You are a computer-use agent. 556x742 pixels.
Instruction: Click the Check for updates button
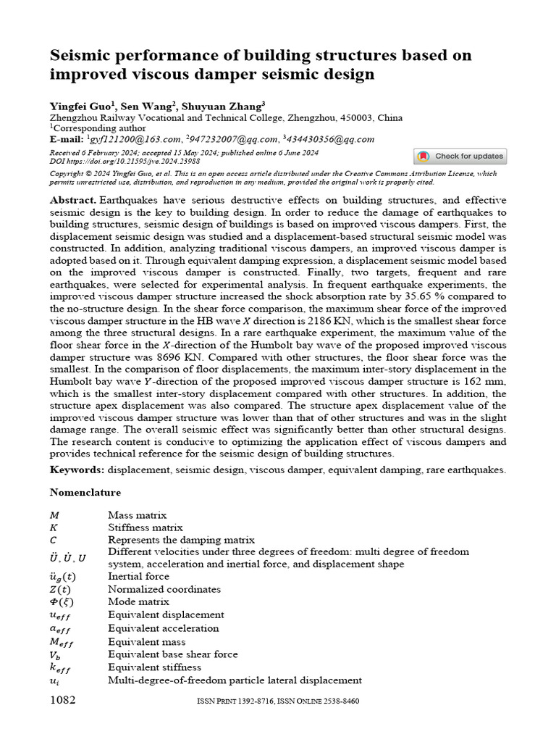pos(460,157)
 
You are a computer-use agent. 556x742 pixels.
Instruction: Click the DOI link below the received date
pos(125,162)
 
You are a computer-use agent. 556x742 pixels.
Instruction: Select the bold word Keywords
pos(77,470)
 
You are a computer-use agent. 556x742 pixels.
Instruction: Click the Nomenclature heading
pos(85,493)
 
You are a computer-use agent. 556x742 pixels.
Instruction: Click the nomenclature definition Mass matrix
pos(138,515)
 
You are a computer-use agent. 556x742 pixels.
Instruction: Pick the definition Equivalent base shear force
pos(172,654)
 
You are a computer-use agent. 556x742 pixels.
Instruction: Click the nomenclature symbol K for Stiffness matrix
pos(54,528)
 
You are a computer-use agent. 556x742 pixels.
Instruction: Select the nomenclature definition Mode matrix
pos(138,601)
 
